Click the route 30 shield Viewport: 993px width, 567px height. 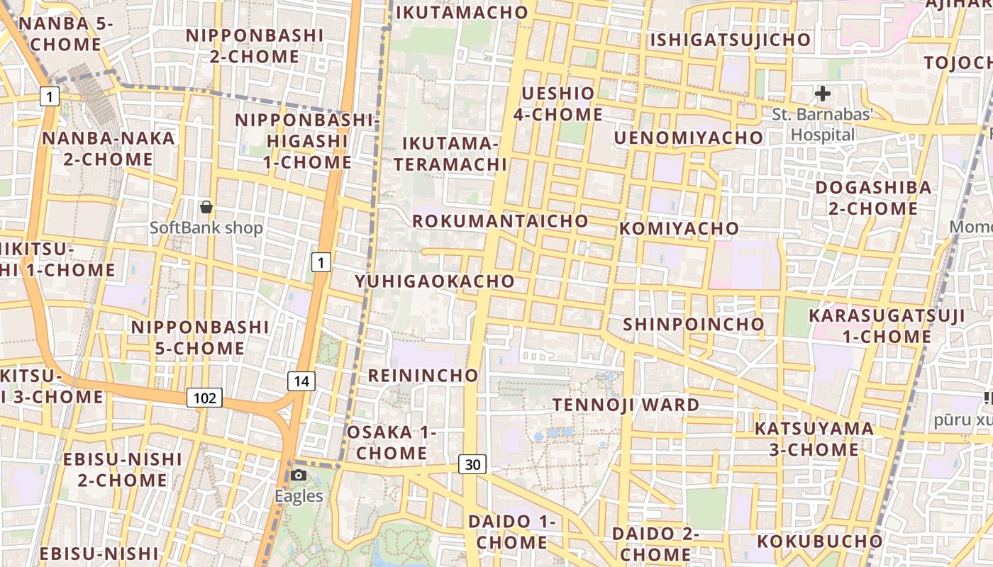point(472,464)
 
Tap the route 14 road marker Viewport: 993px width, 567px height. point(301,381)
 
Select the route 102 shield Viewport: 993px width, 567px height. point(204,398)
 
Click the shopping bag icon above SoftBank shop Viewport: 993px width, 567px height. point(206,207)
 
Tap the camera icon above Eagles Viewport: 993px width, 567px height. point(299,475)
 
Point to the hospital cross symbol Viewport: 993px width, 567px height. point(823,93)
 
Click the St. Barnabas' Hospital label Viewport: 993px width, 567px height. point(823,124)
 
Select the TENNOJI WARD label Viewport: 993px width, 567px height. point(626,405)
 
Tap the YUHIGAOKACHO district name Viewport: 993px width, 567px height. point(435,281)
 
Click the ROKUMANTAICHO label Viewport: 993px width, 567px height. point(500,220)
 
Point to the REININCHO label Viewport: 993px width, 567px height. point(423,375)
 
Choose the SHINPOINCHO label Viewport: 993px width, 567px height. point(694,324)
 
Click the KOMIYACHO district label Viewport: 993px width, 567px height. point(679,228)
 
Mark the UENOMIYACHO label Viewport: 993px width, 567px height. point(688,137)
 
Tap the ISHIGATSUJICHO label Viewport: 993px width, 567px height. point(731,40)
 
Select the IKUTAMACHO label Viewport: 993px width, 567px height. point(462,12)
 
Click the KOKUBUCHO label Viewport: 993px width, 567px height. point(819,541)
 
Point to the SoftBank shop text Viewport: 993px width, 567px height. point(206,228)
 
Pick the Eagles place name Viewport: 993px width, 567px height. point(299,496)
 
